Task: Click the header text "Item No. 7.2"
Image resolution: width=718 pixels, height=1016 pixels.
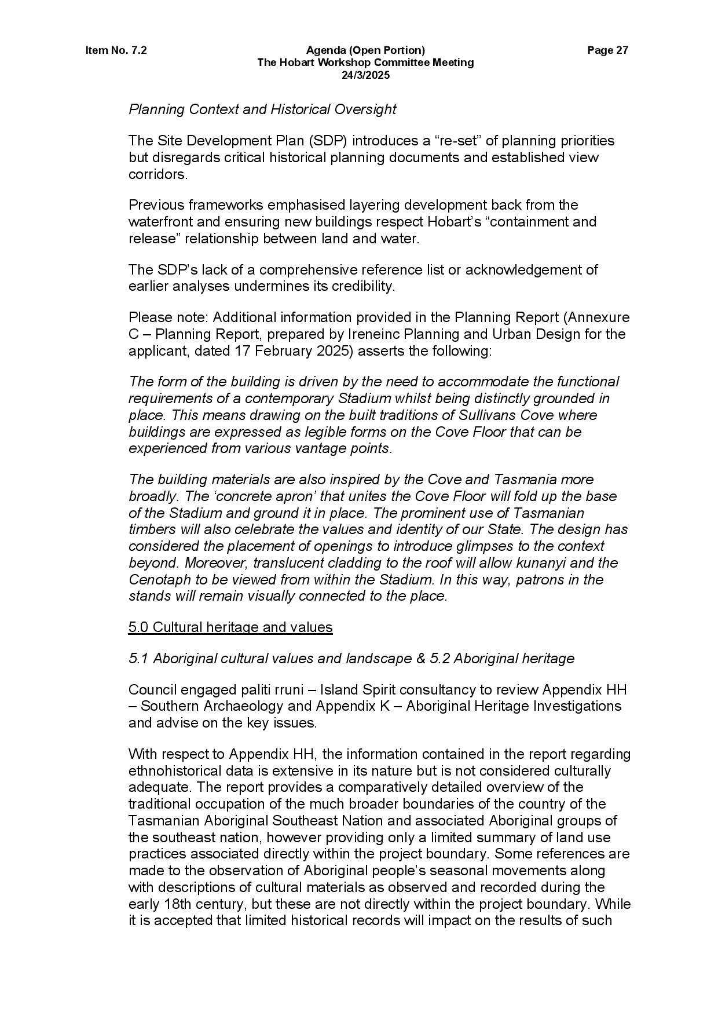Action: pos(116,50)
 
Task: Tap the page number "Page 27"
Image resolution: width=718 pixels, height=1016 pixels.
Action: pos(607,50)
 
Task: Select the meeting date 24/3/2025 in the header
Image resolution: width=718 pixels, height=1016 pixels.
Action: pos(365,75)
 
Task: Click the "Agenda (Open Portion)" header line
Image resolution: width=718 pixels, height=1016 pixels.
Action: pos(365,50)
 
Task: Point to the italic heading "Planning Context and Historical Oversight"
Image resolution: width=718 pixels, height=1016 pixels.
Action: pos(262,109)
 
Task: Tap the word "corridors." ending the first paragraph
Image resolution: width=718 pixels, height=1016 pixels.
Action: pos(158,174)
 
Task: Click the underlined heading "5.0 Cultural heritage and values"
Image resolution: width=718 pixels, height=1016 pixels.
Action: pos(230,627)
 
